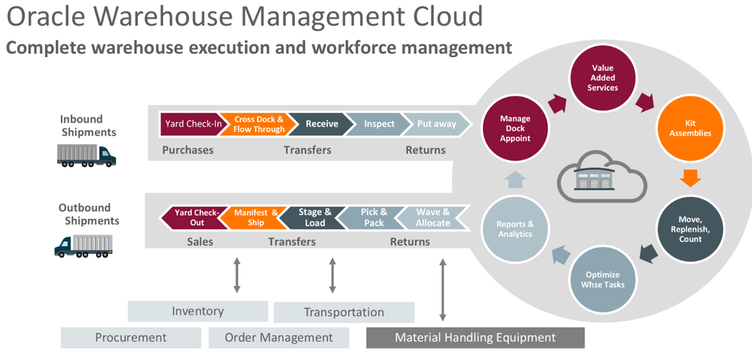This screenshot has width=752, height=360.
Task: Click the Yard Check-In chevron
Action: [x=191, y=124]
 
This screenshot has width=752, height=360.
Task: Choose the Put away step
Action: [x=436, y=124]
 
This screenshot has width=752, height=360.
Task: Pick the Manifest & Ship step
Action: [x=256, y=218]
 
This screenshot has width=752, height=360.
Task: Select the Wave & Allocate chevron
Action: [x=432, y=218]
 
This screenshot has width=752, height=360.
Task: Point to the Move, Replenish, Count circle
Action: [x=690, y=228]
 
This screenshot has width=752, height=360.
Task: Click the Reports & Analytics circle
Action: [x=515, y=228]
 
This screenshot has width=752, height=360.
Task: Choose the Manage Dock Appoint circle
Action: [x=515, y=128]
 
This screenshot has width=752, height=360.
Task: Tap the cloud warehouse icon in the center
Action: [x=602, y=177]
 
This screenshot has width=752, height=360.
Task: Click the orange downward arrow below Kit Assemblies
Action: [x=690, y=178]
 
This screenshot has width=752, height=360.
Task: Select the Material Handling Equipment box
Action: [x=475, y=337]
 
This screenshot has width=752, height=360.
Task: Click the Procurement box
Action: [x=131, y=337]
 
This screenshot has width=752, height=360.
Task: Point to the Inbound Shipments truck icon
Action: [x=86, y=155]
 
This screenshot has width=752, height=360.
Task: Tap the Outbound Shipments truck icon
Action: [x=83, y=245]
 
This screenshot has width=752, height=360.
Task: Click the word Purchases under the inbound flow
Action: [x=188, y=150]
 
